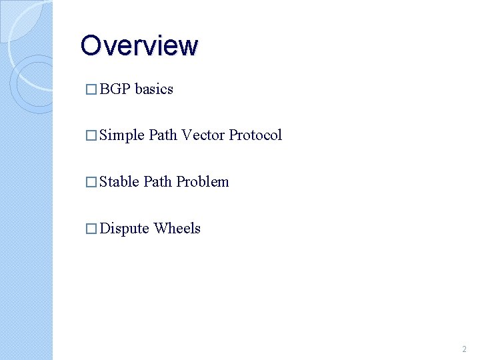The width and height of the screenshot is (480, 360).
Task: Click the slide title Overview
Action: coord(139,46)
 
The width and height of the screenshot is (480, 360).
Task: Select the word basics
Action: coord(154,89)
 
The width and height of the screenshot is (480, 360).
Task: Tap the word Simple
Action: coord(122,135)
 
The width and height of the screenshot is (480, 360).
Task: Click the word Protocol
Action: coord(255,135)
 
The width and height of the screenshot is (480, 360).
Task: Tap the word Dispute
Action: coord(124,229)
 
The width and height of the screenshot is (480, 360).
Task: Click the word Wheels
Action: coord(177,229)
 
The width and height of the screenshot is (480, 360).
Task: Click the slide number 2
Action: coord(464,349)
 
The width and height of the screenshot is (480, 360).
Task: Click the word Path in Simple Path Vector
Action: coord(163,135)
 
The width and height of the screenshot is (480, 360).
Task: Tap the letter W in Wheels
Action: coord(161,229)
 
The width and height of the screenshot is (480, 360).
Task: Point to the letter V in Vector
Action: coord(186,135)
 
